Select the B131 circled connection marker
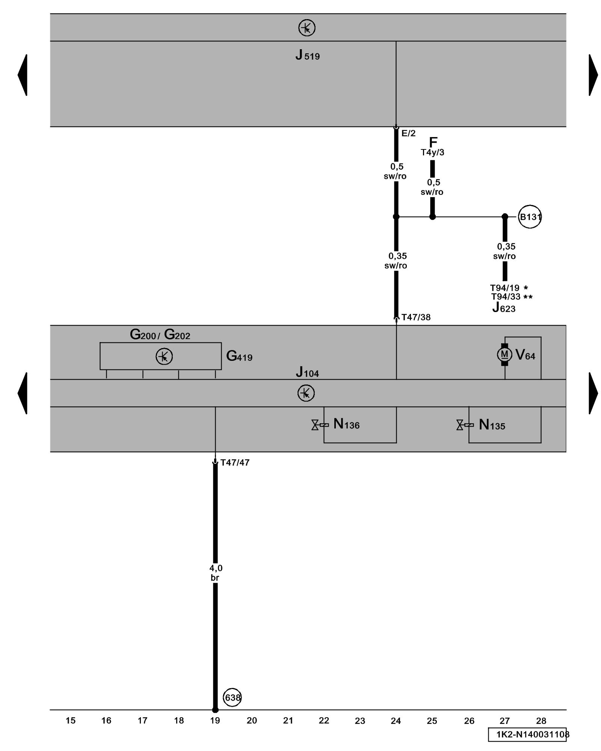tap(530, 217)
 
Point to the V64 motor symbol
tap(504, 354)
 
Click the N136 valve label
tap(346, 424)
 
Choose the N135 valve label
tap(492, 425)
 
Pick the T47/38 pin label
tap(416, 317)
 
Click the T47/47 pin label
tap(235, 463)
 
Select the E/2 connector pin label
tap(408, 133)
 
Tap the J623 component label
tap(504, 308)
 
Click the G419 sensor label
tap(239, 356)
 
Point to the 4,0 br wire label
tap(216, 573)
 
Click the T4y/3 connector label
tap(432, 152)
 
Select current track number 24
tap(396, 721)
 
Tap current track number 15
tap(70, 720)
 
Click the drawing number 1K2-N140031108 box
tap(527, 734)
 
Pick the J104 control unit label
tap(307, 372)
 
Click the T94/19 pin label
tap(504, 288)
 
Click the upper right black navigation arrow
tap(593, 75)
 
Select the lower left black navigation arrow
tap(23, 393)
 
